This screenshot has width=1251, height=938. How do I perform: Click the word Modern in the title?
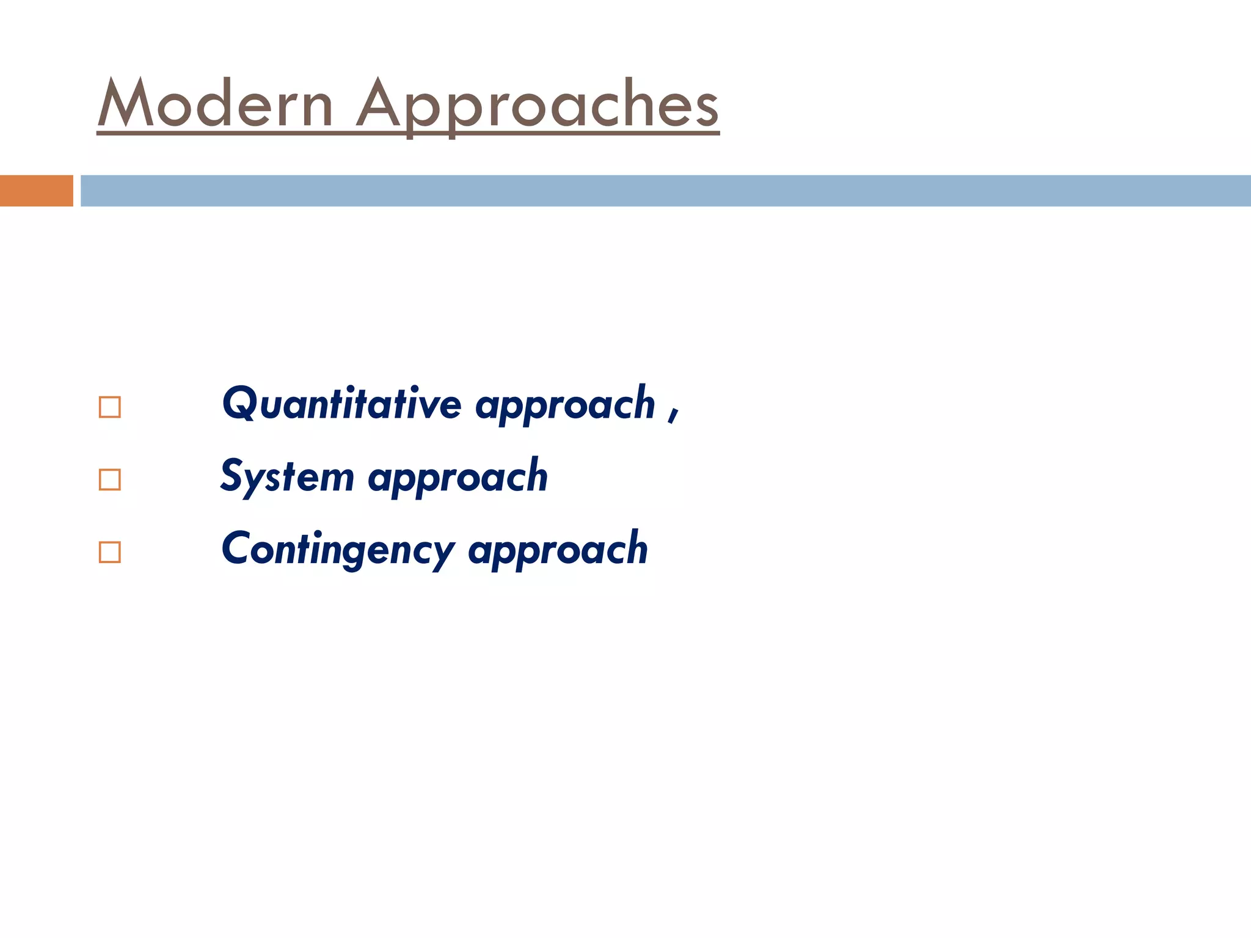click(215, 104)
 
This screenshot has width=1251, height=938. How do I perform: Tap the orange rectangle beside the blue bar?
click(36, 191)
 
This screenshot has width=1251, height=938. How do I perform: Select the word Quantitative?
click(341, 404)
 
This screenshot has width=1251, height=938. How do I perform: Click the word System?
click(287, 477)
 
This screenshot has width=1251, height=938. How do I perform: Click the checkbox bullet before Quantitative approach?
click(109, 407)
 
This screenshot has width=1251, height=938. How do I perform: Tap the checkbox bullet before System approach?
click(109, 480)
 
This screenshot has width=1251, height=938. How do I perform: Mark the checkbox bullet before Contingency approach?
click(109, 552)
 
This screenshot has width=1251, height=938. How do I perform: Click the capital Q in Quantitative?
click(239, 404)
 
